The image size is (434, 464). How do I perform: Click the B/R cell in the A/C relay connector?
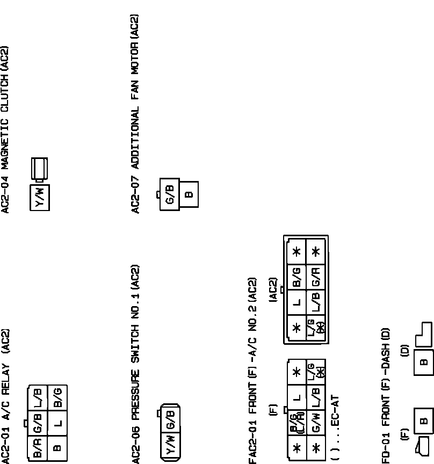38,447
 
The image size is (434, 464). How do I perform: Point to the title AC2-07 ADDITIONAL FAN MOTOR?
135,113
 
